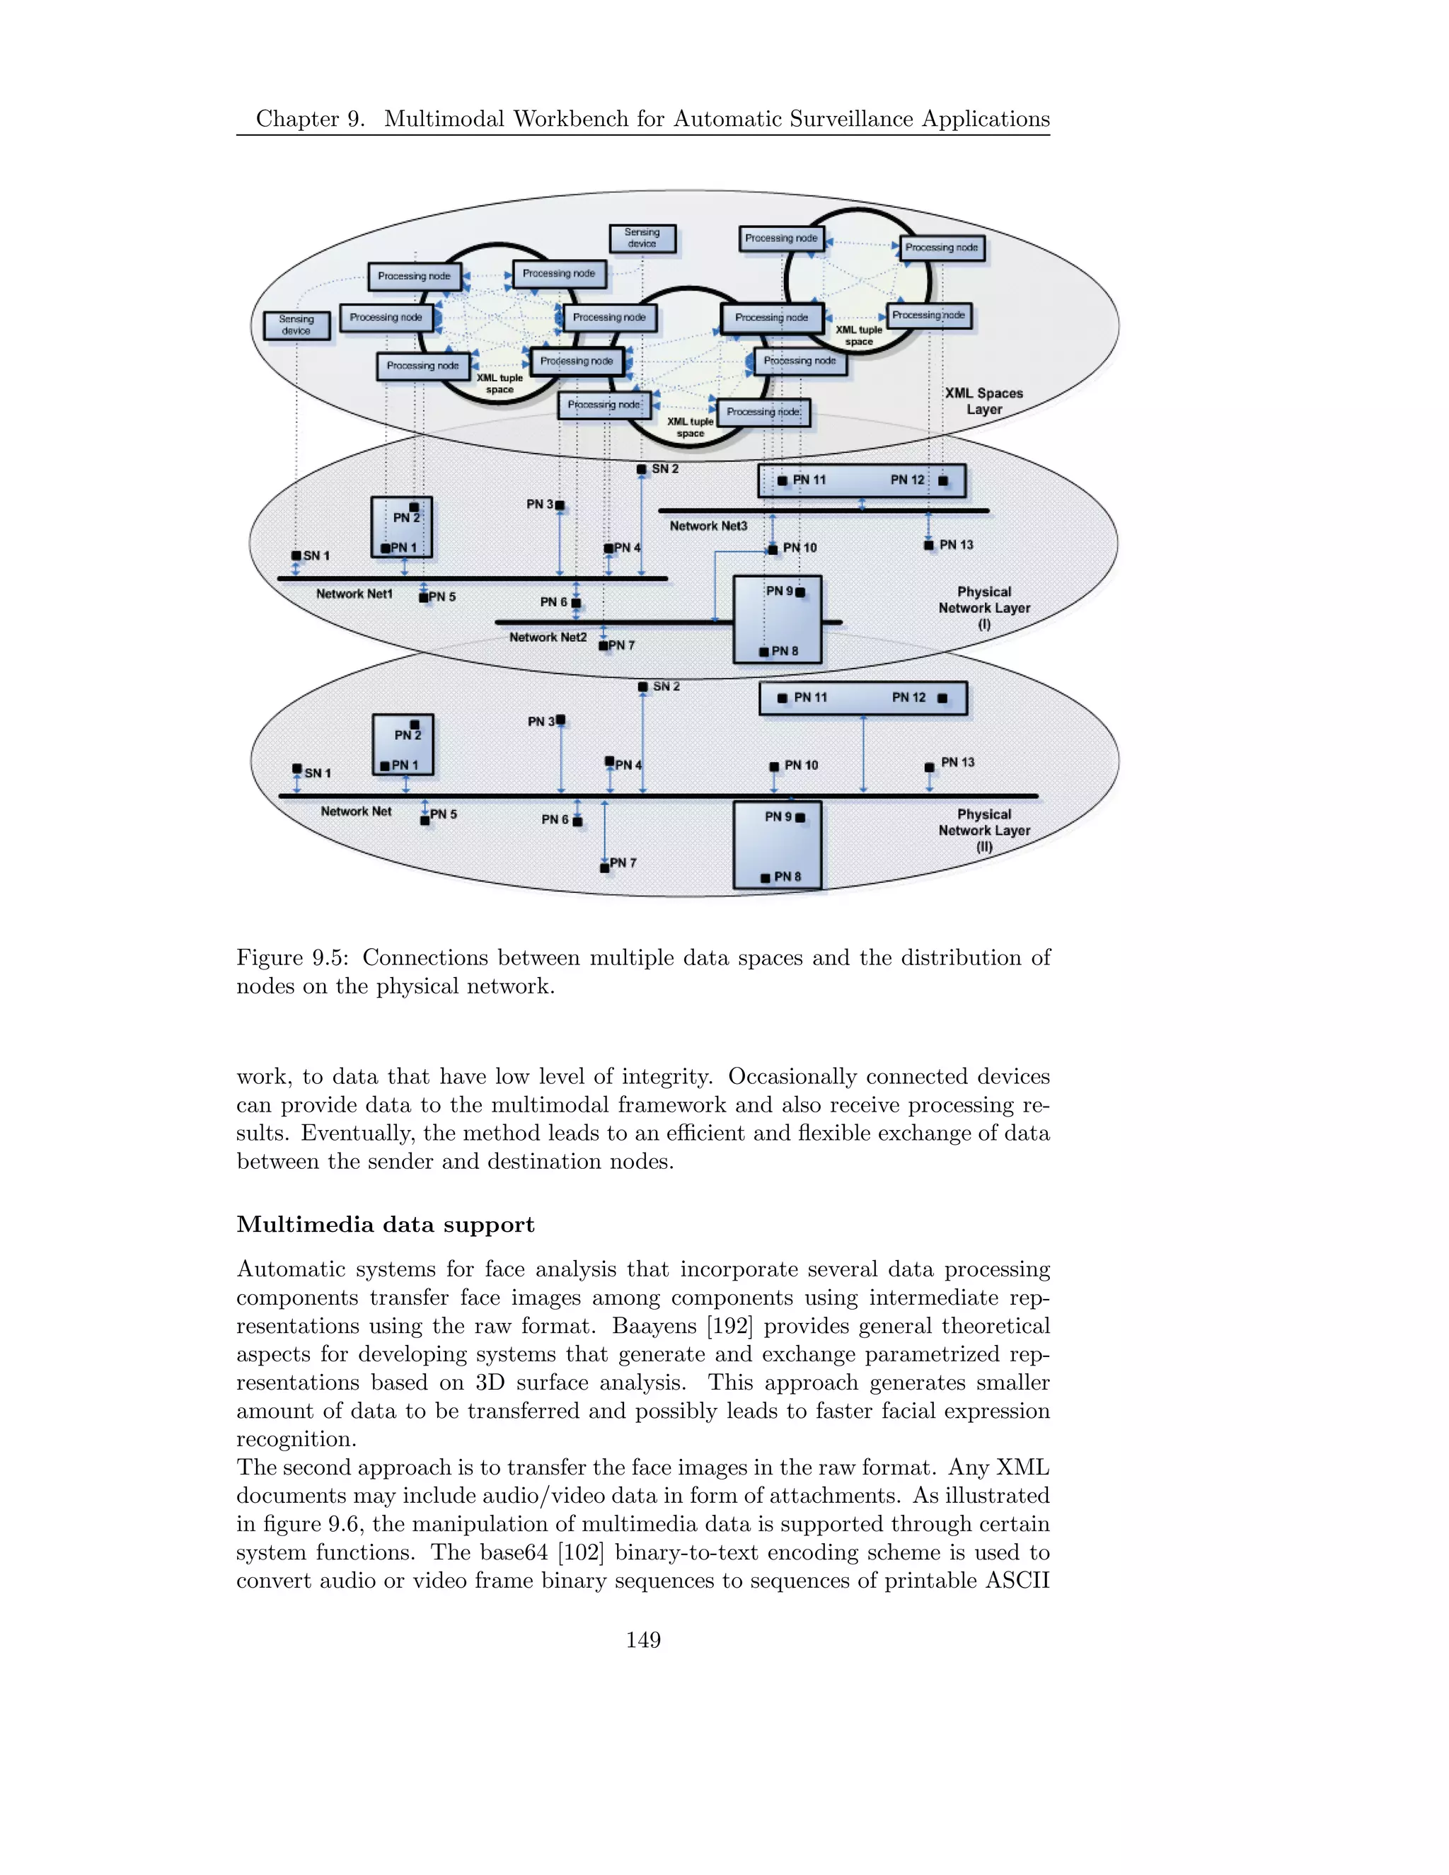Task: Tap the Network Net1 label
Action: (354, 594)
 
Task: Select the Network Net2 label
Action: (548, 637)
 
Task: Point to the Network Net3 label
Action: (708, 526)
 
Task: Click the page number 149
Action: (643, 1640)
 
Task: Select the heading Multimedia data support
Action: (386, 1224)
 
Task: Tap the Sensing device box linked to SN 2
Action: (642, 238)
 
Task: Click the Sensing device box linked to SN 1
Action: (296, 325)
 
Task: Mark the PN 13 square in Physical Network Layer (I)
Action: (929, 545)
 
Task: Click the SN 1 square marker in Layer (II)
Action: (297, 768)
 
